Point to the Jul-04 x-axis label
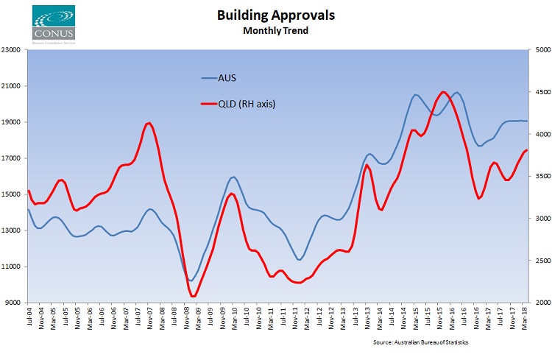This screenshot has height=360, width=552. pyautogui.click(x=29, y=318)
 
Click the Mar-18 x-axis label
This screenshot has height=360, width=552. pyautogui.click(x=523, y=318)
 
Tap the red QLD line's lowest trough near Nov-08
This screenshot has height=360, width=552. pyautogui.click(x=194, y=296)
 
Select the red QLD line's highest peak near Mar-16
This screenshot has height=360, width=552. pyautogui.click(x=442, y=92)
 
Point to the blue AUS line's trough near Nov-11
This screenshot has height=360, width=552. pyautogui.click(x=298, y=259)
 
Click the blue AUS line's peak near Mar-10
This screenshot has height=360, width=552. pyautogui.click(x=233, y=177)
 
